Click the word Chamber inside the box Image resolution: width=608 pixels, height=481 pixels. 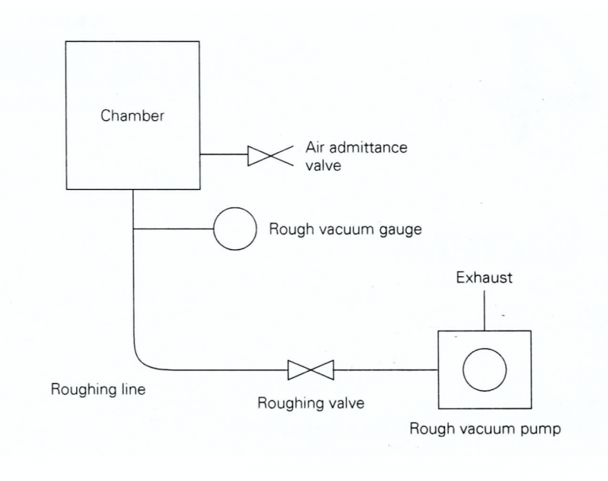[x=132, y=116]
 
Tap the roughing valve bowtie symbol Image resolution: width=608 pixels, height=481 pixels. [x=310, y=369]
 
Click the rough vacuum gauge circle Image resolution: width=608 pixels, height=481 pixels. [x=235, y=229]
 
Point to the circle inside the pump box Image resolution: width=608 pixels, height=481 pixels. [x=484, y=369]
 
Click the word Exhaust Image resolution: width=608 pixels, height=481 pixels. [x=484, y=278]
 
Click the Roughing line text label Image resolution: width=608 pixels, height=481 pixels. [x=98, y=389]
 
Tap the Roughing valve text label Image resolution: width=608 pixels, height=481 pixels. [x=310, y=403]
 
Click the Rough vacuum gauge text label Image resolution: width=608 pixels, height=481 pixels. [x=345, y=229]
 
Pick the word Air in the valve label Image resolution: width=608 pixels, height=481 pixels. [x=316, y=147]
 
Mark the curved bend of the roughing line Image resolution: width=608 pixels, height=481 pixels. [x=141, y=362]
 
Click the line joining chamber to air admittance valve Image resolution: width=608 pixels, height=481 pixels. [x=223, y=156]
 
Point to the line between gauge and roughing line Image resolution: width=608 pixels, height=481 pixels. [x=173, y=229]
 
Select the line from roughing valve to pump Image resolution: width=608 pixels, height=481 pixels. [x=386, y=369]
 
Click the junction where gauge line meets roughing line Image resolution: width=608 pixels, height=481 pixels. [x=133, y=229]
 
